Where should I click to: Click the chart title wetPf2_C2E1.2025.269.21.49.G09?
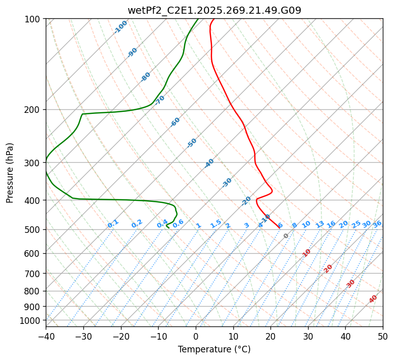pyautogui.click(x=214, y=10)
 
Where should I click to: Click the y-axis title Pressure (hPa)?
pyautogui.click(x=10, y=173)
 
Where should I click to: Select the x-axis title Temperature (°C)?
pyautogui.click(x=214, y=350)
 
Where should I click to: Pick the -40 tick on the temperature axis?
pyautogui.click(x=46, y=337)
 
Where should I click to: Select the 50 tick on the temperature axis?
pyautogui.click(x=383, y=337)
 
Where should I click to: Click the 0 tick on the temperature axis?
pyautogui.click(x=196, y=337)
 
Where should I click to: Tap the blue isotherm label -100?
pyautogui.click(x=120, y=27)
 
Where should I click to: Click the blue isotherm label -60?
pyautogui.click(x=175, y=122)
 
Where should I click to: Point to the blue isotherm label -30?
pyautogui.click(x=227, y=182)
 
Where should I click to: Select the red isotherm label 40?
pyautogui.click(x=373, y=299)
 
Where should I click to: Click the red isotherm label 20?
pyautogui.click(x=328, y=268)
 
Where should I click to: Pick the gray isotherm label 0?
pyautogui.click(x=286, y=236)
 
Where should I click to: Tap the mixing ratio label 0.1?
pyautogui.click(x=113, y=223)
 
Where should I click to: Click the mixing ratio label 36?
pyautogui.click(x=377, y=224)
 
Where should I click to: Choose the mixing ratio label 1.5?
pyautogui.click(x=216, y=223)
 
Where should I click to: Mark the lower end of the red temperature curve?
pyautogui.click(x=279, y=227)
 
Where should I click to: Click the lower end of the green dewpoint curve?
pyautogui.click(x=168, y=228)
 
